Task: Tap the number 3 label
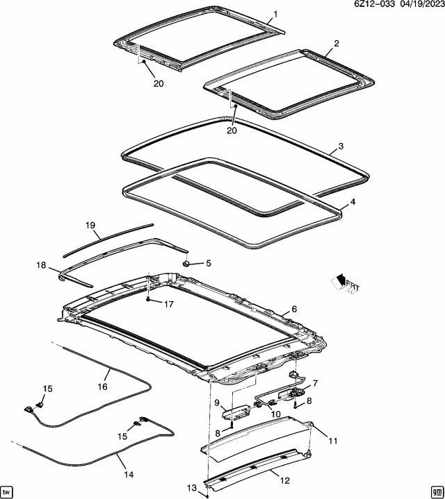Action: point(340,146)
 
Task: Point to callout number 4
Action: point(352,202)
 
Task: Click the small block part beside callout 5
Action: point(186,263)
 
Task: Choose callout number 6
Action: point(293,309)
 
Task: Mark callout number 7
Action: point(314,382)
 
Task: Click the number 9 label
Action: point(217,403)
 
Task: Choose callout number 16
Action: point(103,387)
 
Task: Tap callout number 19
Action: point(89,226)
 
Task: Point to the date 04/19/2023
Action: point(419,5)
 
